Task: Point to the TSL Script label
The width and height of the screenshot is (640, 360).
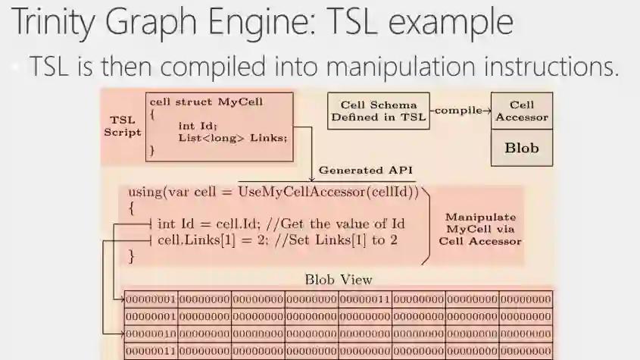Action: (x=122, y=126)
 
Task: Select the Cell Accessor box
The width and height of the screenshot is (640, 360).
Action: (x=522, y=111)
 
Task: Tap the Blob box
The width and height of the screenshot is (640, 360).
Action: (x=522, y=148)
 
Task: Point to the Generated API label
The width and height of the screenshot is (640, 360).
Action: (x=361, y=171)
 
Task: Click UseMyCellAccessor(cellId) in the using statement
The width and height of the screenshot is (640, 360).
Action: (x=328, y=193)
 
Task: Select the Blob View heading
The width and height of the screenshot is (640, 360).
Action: (x=338, y=280)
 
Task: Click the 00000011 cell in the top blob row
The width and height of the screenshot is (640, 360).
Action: (x=364, y=299)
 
